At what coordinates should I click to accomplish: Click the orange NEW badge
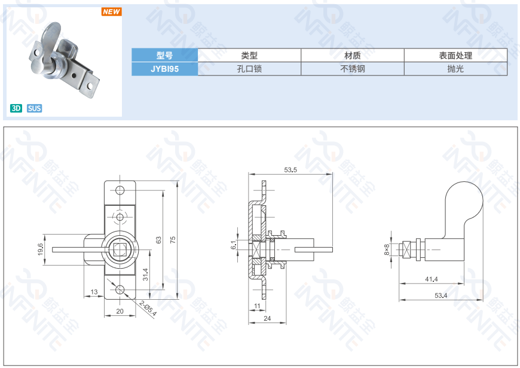pos(111,12)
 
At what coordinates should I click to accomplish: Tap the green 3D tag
pos(16,108)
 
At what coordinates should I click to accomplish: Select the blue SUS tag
pos(34,108)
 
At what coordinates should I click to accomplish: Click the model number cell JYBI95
pos(164,69)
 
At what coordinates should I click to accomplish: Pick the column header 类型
pos(249,56)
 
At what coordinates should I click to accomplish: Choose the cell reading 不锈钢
pos(353,69)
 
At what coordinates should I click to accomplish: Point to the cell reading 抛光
pos(455,69)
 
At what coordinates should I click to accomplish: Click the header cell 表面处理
pos(455,56)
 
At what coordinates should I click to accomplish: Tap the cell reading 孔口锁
pos(249,69)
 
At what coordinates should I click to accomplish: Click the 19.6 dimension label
pos(41,249)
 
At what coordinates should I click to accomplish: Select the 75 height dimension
pos(173,240)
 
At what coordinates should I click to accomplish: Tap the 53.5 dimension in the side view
pos(291,171)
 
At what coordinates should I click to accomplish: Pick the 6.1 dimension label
pos(234,245)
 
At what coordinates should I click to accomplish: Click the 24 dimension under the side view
pos(267,318)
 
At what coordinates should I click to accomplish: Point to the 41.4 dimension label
pos(431,279)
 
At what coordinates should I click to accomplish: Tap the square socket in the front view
pos(120,250)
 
